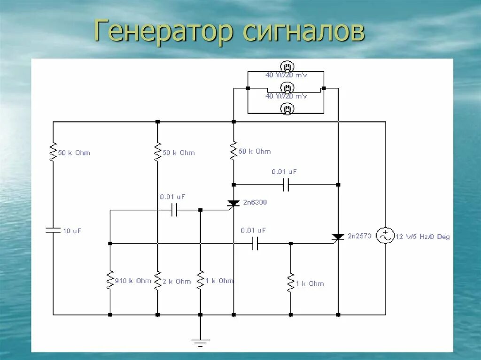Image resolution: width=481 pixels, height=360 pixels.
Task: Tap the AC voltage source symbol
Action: click(386, 236)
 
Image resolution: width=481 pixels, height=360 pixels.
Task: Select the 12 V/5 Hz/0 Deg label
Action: click(422, 237)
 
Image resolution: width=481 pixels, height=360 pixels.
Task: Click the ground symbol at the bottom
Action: click(201, 341)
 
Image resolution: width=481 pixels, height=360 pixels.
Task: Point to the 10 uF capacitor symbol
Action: click(53, 230)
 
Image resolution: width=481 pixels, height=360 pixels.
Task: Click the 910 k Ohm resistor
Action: click(110, 280)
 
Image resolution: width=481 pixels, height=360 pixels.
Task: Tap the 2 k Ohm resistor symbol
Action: click(157, 280)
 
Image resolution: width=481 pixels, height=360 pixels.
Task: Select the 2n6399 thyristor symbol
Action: click(233, 204)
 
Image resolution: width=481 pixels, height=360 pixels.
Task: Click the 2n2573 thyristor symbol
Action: click(338, 237)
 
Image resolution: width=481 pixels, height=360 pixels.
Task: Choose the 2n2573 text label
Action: click(360, 236)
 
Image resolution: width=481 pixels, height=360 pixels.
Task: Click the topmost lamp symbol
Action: click(286, 66)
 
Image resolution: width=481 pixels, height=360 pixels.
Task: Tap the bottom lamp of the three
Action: click(286, 109)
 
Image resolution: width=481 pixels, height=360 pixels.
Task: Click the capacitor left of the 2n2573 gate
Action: click(255, 244)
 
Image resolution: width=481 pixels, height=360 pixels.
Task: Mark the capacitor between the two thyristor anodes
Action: click(286, 185)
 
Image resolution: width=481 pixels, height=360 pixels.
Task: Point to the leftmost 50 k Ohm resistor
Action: click(53, 152)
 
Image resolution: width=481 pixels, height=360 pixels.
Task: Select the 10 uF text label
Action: click(72, 231)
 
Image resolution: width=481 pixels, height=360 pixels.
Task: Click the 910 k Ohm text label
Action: click(133, 281)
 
